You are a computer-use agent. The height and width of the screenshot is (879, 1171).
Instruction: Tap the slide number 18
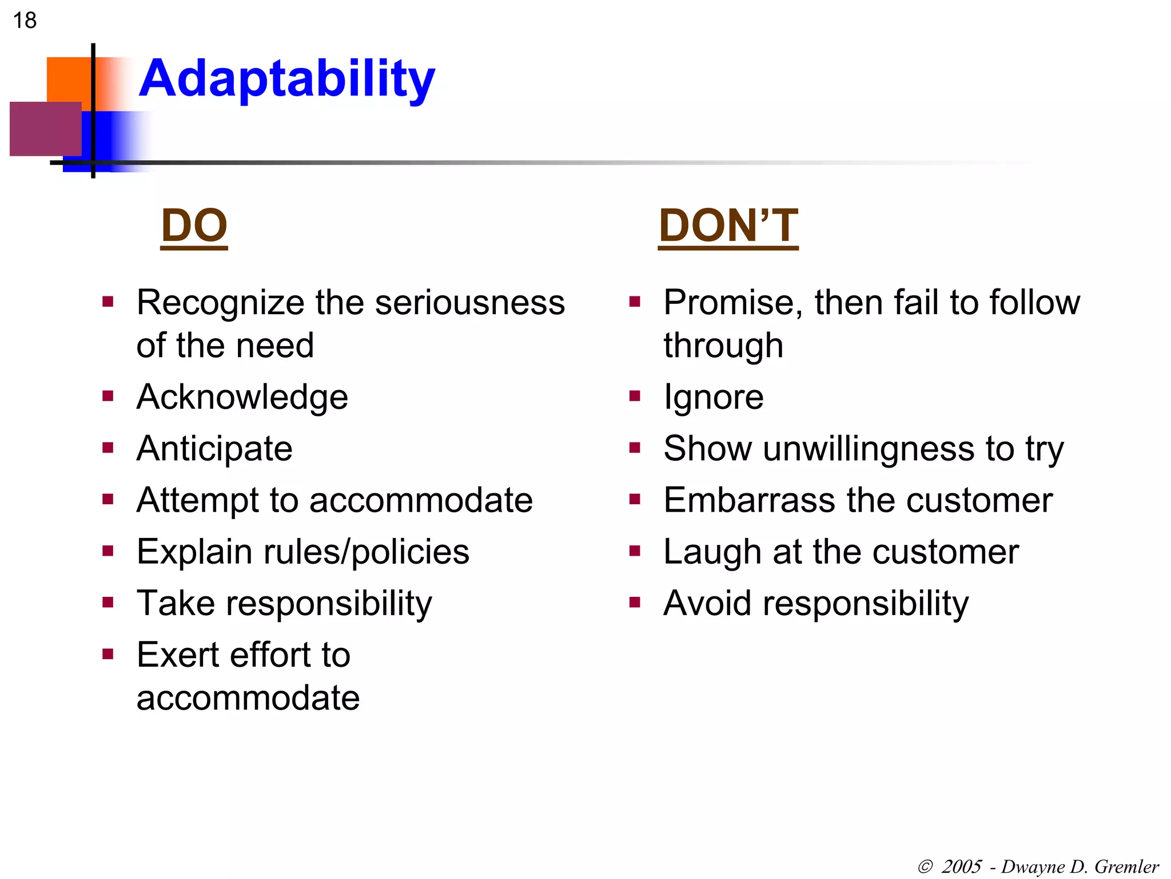(x=25, y=21)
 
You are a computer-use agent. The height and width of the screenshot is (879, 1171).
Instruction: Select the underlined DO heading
(x=194, y=225)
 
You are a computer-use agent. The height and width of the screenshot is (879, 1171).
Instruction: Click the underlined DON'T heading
(x=728, y=225)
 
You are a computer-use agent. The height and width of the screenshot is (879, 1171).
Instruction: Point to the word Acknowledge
(x=242, y=397)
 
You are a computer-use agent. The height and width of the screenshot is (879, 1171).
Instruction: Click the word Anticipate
(x=214, y=449)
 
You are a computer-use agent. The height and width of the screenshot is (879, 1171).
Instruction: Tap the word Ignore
(x=713, y=397)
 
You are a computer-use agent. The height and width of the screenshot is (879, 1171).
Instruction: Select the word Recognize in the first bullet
(x=220, y=303)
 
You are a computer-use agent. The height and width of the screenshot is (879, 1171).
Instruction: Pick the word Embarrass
(x=749, y=500)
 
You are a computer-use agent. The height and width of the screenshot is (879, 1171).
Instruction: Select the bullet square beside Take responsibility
(x=107, y=603)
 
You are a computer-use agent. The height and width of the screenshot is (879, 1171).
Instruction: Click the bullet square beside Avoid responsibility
(x=634, y=603)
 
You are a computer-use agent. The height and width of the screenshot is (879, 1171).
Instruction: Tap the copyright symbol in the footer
(x=925, y=867)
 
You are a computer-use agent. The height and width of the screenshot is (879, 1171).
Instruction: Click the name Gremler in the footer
(x=1126, y=867)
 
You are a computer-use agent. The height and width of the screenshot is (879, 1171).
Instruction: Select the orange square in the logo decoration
(x=67, y=78)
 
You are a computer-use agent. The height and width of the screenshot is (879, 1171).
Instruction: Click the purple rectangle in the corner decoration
(x=45, y=129)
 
